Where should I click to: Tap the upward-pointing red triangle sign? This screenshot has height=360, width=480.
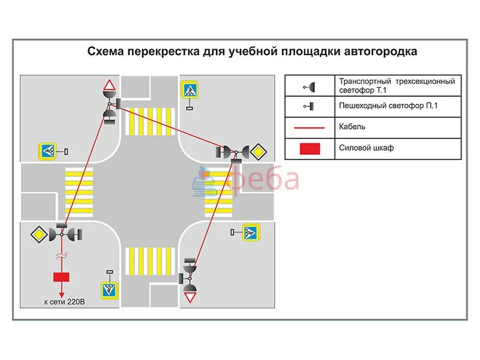108,85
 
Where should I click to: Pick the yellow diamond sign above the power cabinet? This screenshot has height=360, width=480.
42,233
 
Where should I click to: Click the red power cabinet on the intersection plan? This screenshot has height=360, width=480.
61,277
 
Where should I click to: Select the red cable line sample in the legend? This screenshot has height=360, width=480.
310,127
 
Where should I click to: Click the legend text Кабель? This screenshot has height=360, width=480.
352,127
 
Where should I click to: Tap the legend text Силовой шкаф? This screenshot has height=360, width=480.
366,148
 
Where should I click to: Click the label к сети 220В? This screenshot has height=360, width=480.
65,302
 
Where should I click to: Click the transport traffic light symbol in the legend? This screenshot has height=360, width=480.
310,86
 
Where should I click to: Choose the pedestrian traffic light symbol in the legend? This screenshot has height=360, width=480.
310,107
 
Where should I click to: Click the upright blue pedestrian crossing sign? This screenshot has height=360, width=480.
190,90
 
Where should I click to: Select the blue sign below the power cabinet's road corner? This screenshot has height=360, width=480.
109,290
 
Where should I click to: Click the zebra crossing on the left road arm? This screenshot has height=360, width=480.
79,192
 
